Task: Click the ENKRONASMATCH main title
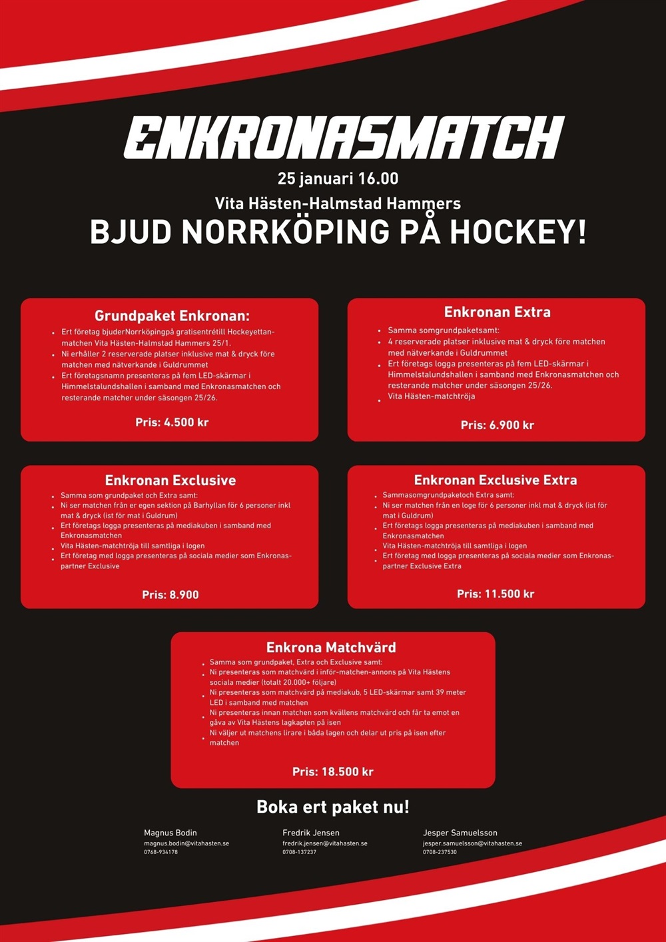(344, 139)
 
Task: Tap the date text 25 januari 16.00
(338, 179)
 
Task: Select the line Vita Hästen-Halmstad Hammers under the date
(338, 203)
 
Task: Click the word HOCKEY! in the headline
(518, 232)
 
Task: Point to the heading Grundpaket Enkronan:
(172, 316)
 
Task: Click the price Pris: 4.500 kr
(172, 422)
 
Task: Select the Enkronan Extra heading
(497, 312)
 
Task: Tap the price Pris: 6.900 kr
(497, 425)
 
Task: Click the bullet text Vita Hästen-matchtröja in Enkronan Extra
(431, 396)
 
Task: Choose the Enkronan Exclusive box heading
(170, 480)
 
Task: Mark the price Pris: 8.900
(170, 595)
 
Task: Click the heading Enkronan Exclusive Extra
(496, 480)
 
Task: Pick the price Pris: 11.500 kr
(496, 594)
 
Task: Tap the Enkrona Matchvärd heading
(331, 648)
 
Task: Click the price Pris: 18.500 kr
(332, 771)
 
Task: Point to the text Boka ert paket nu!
(333, 807)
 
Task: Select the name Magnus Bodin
(170, 833)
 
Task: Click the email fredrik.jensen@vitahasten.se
(325, 843)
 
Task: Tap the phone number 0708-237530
(440, 852)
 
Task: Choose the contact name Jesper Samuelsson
(460, 833)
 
